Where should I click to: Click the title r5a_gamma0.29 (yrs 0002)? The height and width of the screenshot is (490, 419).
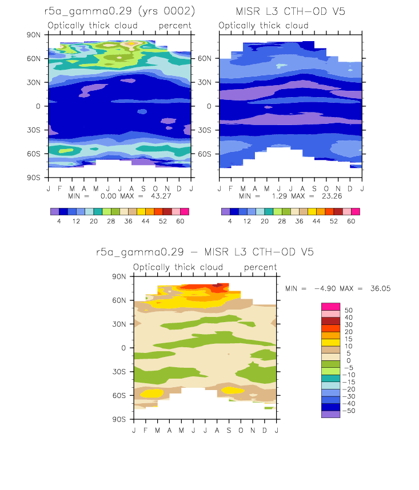point(119,11)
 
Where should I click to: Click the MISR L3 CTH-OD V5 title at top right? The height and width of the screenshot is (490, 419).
point(290,11)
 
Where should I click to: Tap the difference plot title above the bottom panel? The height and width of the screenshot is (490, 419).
point(205,252)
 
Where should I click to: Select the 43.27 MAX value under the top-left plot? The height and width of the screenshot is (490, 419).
point(161,196)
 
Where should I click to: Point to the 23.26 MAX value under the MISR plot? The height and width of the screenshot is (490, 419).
point(332,196)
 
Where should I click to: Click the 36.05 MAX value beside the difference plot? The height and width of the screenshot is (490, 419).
point(381,288)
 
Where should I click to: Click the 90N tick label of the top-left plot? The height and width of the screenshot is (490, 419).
point(34,35)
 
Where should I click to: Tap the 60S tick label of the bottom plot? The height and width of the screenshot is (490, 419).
point(119,395)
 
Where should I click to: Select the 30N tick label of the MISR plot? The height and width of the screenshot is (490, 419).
point(205,82)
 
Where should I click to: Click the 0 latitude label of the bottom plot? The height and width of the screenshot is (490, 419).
point(123,348)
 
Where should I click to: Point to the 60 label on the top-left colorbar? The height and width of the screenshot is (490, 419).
point(180,221)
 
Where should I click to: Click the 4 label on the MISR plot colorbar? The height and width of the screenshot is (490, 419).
point(230,221)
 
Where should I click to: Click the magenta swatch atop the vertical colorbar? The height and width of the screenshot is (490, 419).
point(330,307)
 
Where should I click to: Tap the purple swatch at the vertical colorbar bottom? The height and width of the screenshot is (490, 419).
point(330,415)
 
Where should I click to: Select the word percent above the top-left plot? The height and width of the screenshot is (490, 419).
point(175,26)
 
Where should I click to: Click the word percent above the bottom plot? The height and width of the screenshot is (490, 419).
point(260,267)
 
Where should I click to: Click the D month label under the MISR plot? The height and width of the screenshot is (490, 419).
point(350,189)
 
